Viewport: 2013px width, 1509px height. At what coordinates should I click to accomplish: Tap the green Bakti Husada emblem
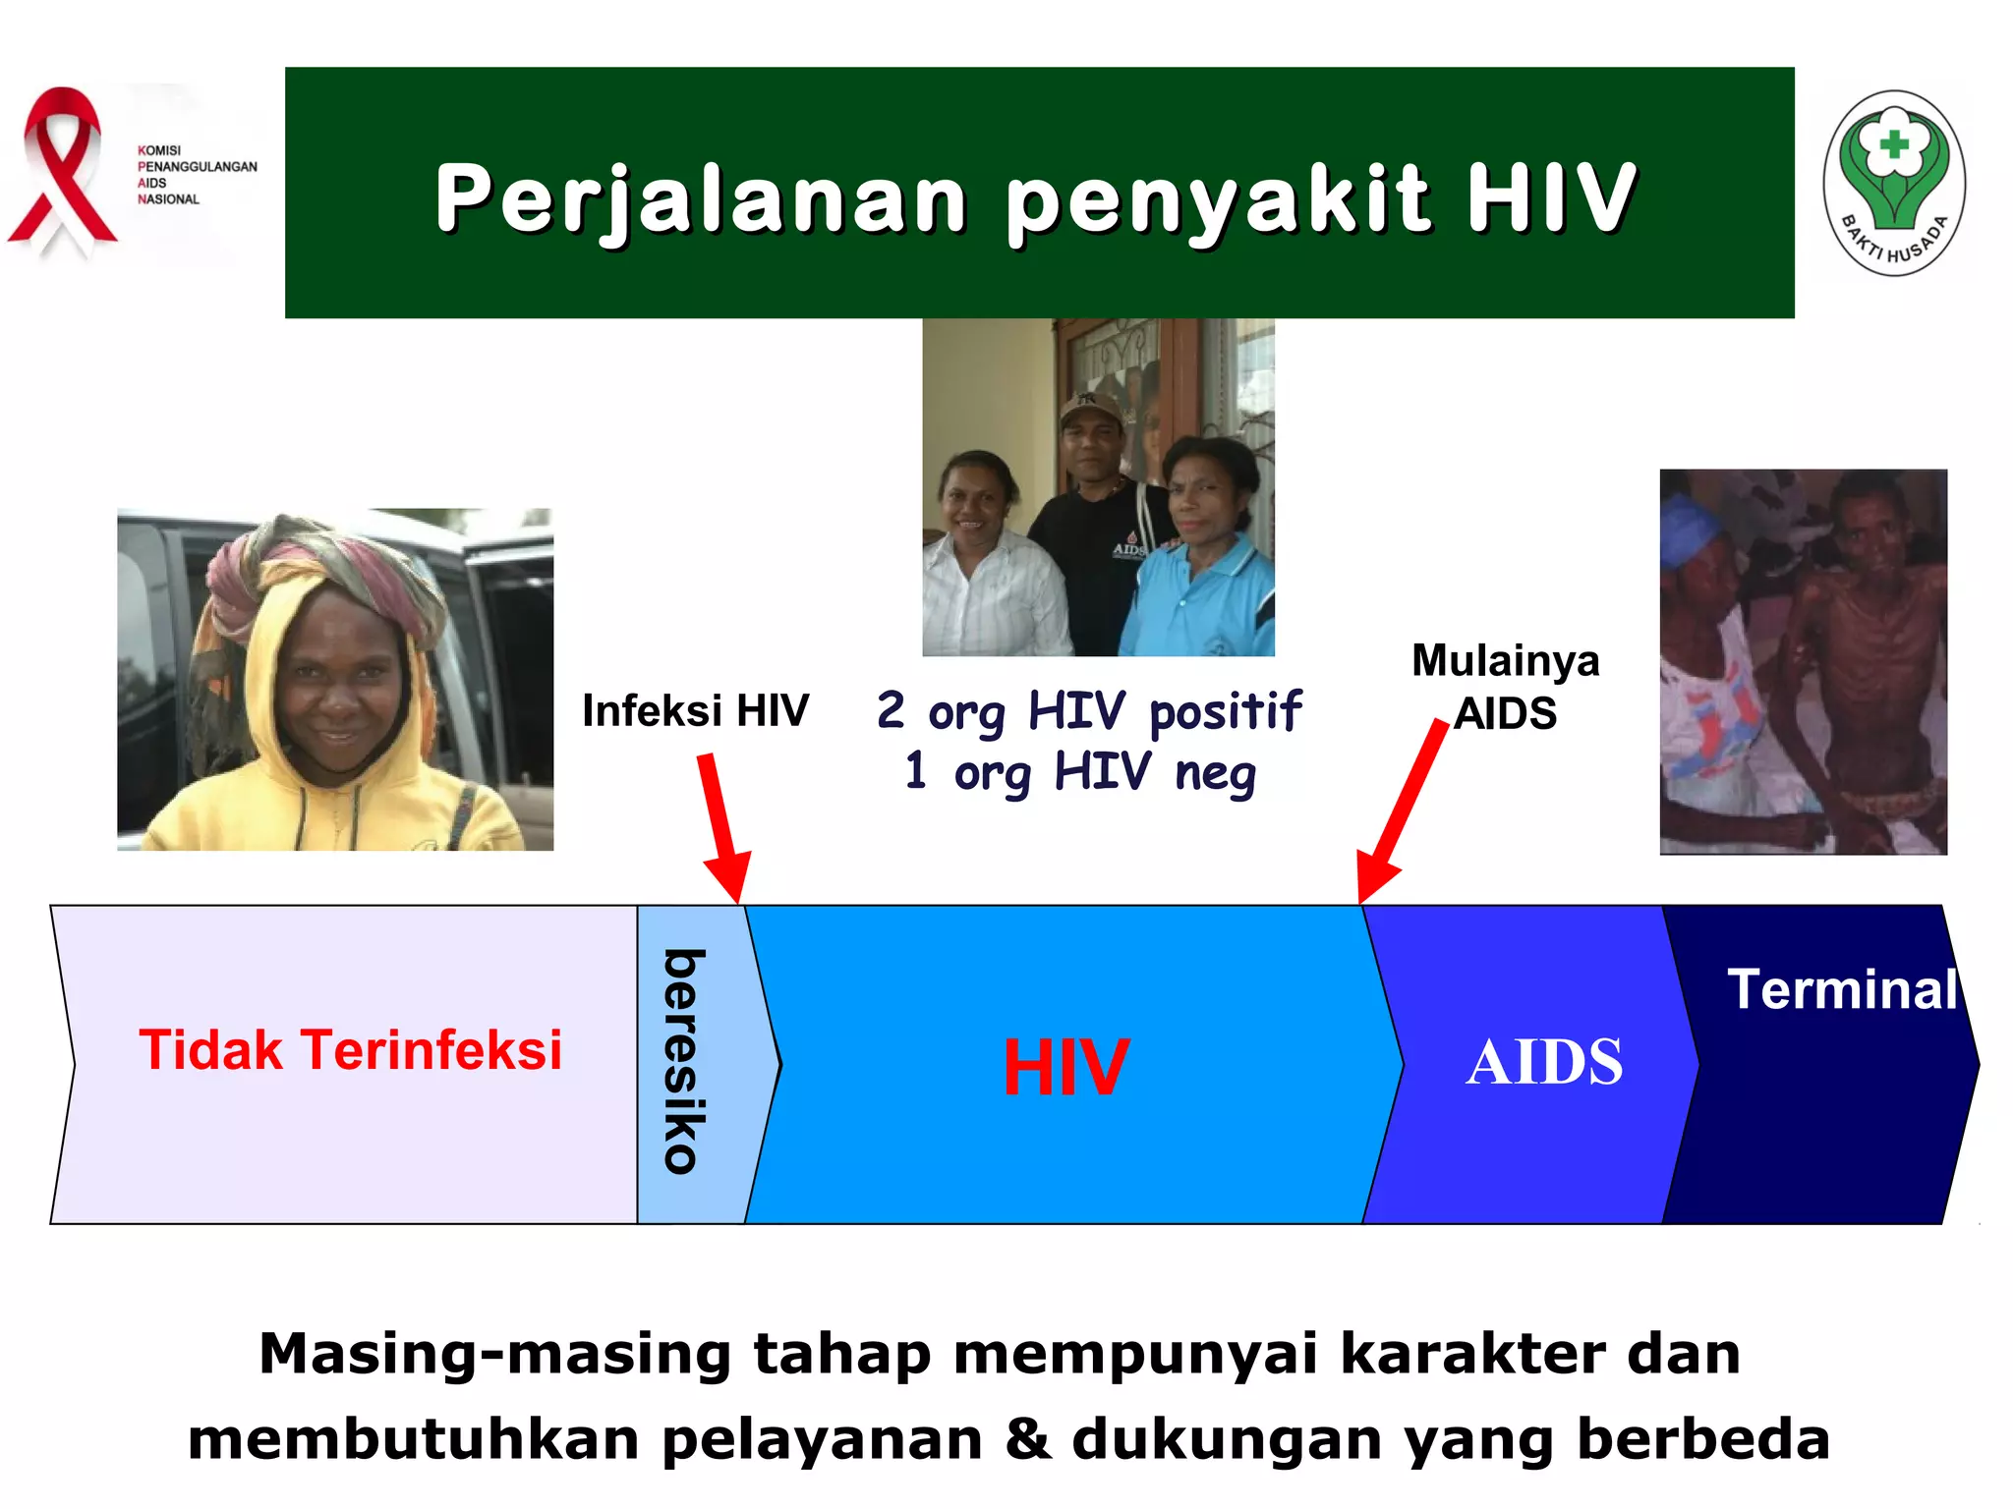(x=1893, y=184)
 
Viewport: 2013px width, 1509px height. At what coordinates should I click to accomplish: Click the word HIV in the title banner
(x=1551, y=198)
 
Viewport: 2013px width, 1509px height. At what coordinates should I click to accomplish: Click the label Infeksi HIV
(x=695, y=710)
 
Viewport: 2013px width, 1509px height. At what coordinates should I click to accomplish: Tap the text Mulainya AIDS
(x=1505, y=687)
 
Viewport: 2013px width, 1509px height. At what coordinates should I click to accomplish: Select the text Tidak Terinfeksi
(x=350, y=1049)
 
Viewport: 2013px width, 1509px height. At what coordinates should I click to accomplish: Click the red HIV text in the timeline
(x=1065, y=1067)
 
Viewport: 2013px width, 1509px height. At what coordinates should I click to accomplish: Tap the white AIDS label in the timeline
(x=1543, y=1062)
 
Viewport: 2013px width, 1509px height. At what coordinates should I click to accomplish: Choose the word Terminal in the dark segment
(x=1842, y=989)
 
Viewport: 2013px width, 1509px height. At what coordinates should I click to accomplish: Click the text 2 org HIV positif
(x=1088, y=710)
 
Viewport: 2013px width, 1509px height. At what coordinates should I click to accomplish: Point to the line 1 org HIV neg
(x=1080, y=771)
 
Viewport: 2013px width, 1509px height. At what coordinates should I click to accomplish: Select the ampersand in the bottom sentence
(x=1027, y=1438)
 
